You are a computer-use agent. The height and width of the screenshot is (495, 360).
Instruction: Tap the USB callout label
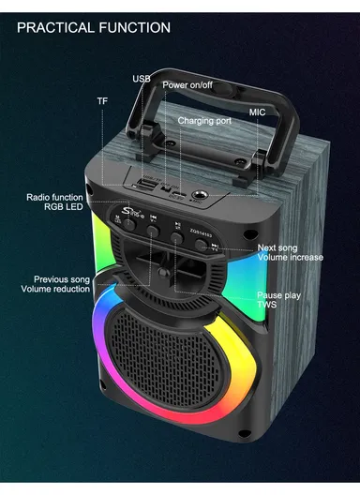click(141, 79)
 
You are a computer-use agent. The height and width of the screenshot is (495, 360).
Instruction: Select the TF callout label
click(102, 100)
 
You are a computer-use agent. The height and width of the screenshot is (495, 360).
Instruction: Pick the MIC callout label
click(257, 112)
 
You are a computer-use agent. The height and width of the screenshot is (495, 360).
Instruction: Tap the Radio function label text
click(54, 197)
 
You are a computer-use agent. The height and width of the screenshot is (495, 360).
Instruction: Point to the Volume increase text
click(291, 258)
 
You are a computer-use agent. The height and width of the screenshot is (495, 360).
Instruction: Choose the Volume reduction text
click(60, 289)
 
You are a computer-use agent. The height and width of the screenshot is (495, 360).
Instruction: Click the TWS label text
click(268, 306)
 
